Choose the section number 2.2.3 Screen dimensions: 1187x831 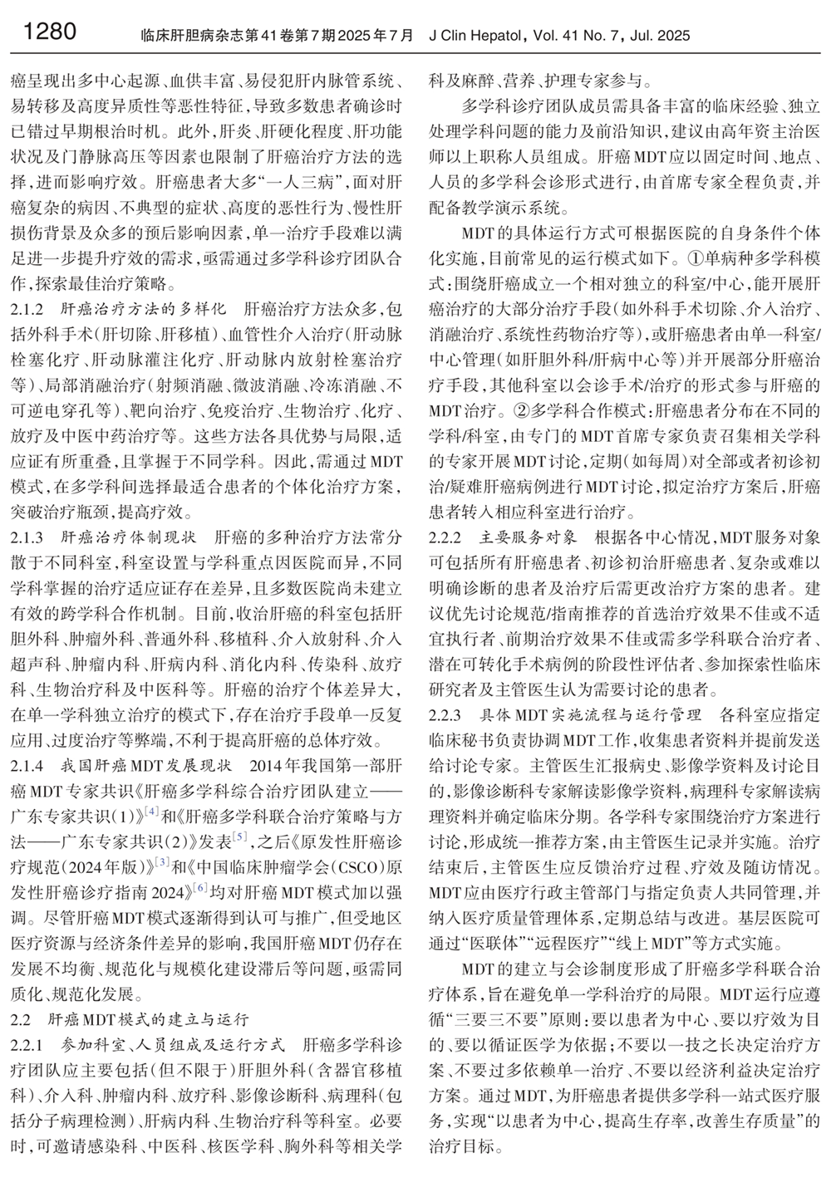(x=451, y=715)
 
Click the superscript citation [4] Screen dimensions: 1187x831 (x=153, y=810)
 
